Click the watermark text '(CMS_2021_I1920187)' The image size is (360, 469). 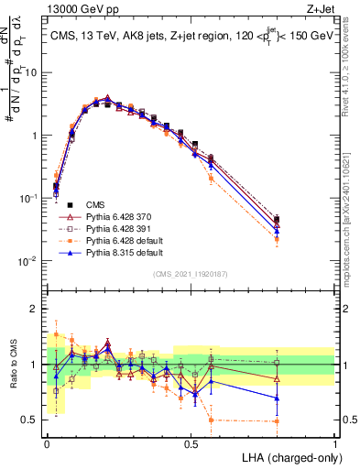click(x=190, y=274)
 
